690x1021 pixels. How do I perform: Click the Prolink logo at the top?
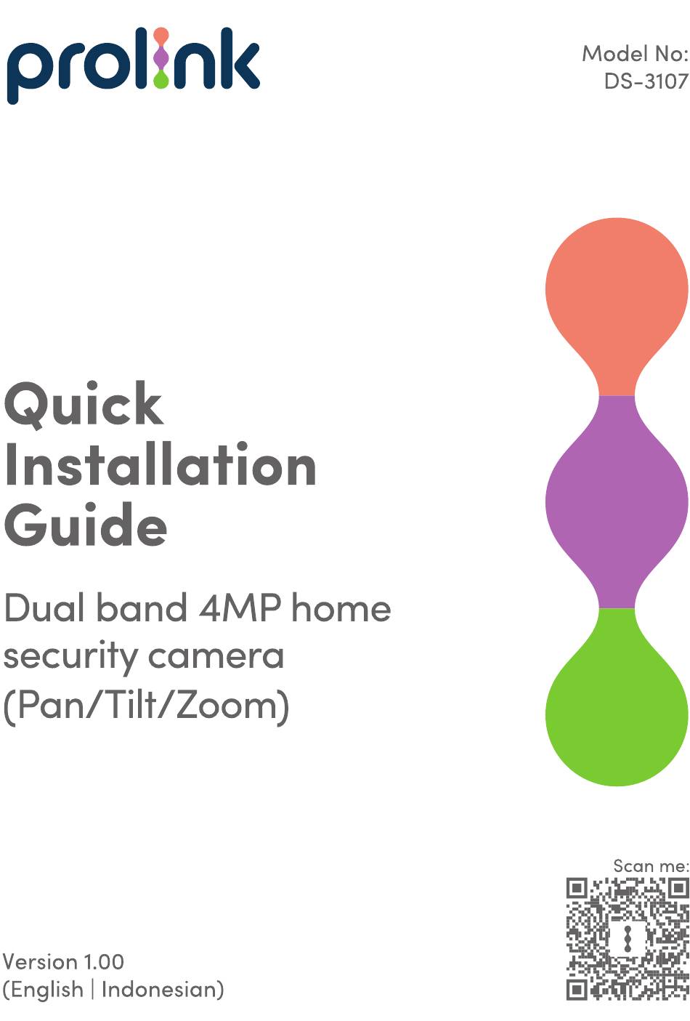pyautogui.click(x=133, y=65)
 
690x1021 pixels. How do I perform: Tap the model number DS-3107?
pyautogui.click(x=646, y=81)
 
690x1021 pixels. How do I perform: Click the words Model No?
pyautogui.click(x=635, y=54)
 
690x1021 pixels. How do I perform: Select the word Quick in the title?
pyautogui.click(x=84, y=405)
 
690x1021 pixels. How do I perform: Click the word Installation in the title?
pyautogui.click(x=160, y=464)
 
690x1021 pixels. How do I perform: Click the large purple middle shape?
pyautogui.click(x=617, y=502)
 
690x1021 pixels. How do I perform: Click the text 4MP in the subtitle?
pyautogui.click(x=240, y=608)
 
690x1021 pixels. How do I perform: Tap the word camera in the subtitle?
pyautogui.click(x=216, y=656)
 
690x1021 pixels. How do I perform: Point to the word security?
pyautogui.click(x=70, y=657)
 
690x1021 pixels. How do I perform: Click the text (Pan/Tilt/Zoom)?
pyautogui.click(x=146, y=706)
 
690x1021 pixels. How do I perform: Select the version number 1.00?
pyautogui.click(x=103, y=962)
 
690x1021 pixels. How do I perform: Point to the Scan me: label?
pyautogui.click(x=651, y=865)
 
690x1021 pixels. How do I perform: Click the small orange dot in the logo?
pyautogui.click(x=161, y=35)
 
